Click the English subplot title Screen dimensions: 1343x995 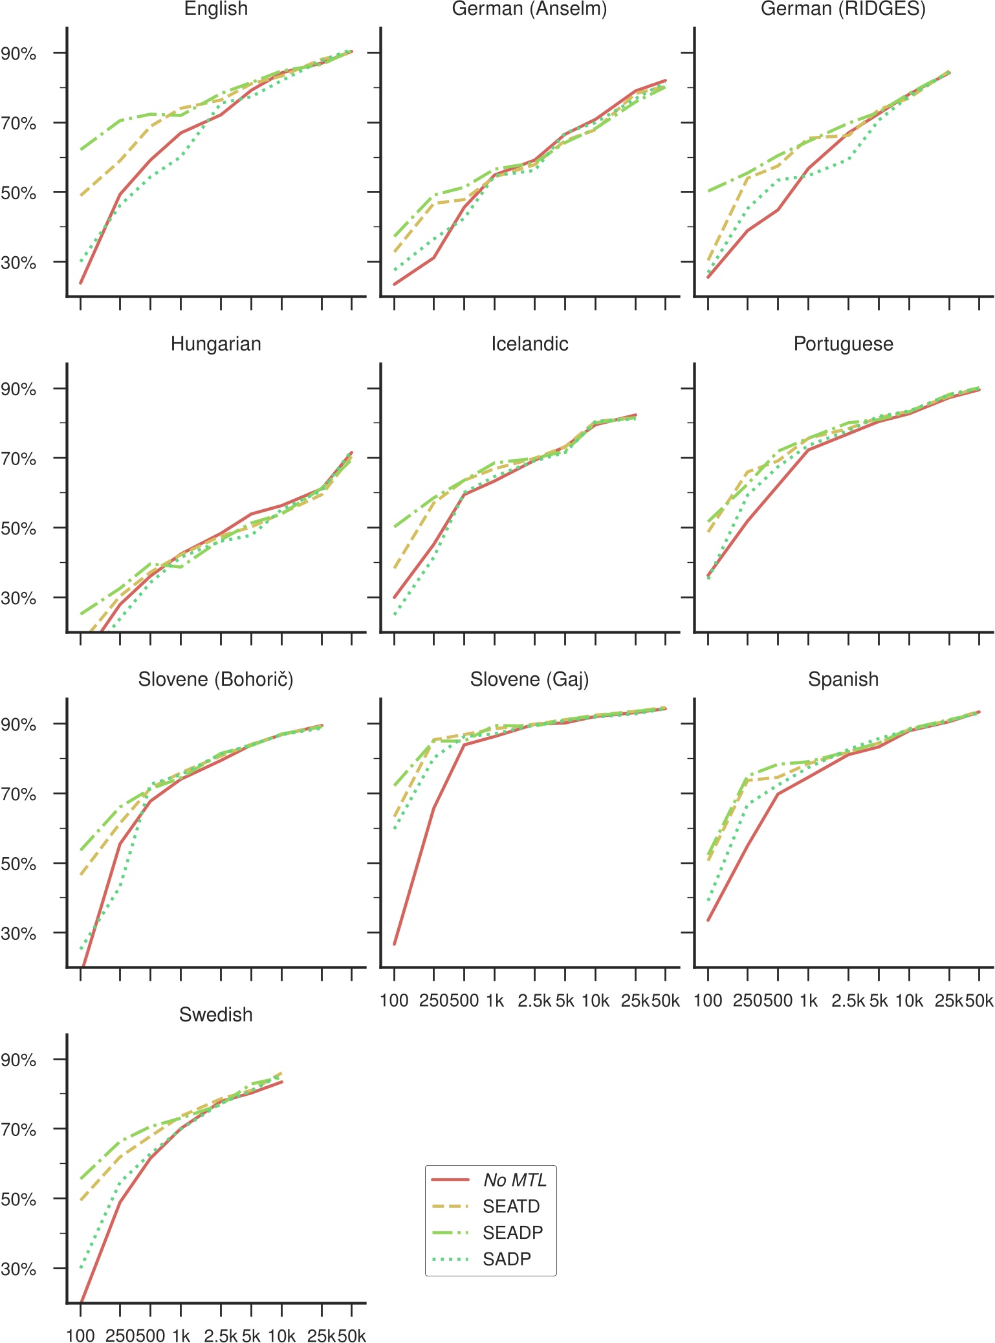pyautogui.click(x=216, y=9)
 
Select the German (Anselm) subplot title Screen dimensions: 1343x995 pyautogui.click(x=529, y=9)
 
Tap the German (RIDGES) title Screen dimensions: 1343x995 pyautogui.click(x=843, y=9)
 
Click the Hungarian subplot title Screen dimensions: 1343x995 pyautogui.click(x=216, y=344)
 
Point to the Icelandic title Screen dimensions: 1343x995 pyautogui.click(x=529, y=344)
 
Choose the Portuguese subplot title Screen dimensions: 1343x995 pyautogui.click(x=843, y=344)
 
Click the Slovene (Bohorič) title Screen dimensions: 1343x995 pyautogui.click(x=216, y=679)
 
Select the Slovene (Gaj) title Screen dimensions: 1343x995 pyautogui.click(x=529, y=679)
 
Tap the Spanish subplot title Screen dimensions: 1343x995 pyautogui.click(x=843, y=679)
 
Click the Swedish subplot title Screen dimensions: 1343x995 pyautogui.click(x=216, y=1014)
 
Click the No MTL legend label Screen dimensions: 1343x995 pyautogui.click(x=515, y=1180)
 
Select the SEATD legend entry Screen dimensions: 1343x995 pyautogui.click(x=511, y=1207)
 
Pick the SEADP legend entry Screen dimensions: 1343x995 pyautogui.click(x=512, y=1233)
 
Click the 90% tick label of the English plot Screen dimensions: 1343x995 pyautogui.click(x=19, y=54)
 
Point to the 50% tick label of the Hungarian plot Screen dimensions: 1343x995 pyautogui.click(x=19, y=529)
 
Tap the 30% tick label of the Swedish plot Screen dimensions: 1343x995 pyautogui.click(x=19, y=1269)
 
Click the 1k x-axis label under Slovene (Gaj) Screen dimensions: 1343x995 pyautogui.click(x=495, y=1001)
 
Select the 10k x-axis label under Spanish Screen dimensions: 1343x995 pyautogui.click(x=909, y=1001)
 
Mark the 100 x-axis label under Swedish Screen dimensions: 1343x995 pyautogui.click(x=80, y=1336)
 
